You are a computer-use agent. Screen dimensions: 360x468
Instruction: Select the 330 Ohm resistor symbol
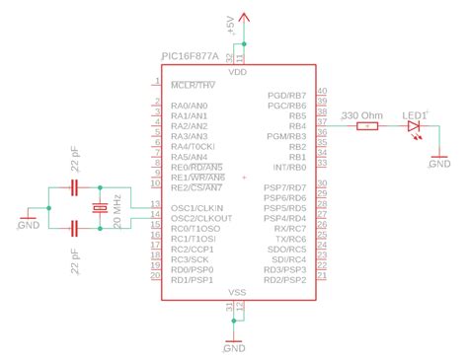pyautogui.click(x=367, y=126)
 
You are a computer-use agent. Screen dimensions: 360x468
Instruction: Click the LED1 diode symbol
pyautogui.click(x=415, y=126)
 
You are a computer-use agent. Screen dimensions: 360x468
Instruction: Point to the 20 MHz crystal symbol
pyautogui.click(x=99, y=208)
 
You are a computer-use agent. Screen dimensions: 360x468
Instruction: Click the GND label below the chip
pyautogui.click(x=234, y=348)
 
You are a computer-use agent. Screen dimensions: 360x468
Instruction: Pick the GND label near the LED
pyautogui.click(x=439, y=165)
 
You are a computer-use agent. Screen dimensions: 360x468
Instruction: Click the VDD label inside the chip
pyautogui.click(x=237, y=73)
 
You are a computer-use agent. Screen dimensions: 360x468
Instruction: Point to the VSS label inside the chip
pyautogui.click(x=237, y=293)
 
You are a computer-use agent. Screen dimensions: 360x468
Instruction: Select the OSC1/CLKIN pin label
pyautogui.click(x=196, y=207)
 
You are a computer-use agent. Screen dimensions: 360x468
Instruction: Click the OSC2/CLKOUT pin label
pyautogui.click(x=199, y=218)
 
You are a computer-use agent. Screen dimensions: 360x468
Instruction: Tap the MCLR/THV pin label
pyautogui.click(x=193, y=84)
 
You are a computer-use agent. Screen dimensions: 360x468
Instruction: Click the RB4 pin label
pyautogui.click(x=296, y=126)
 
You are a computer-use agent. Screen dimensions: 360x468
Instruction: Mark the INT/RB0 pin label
pyautogui.click(x=289, y=168)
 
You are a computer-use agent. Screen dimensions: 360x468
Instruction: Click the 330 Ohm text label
pyautogui.click(x=360, y=115)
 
